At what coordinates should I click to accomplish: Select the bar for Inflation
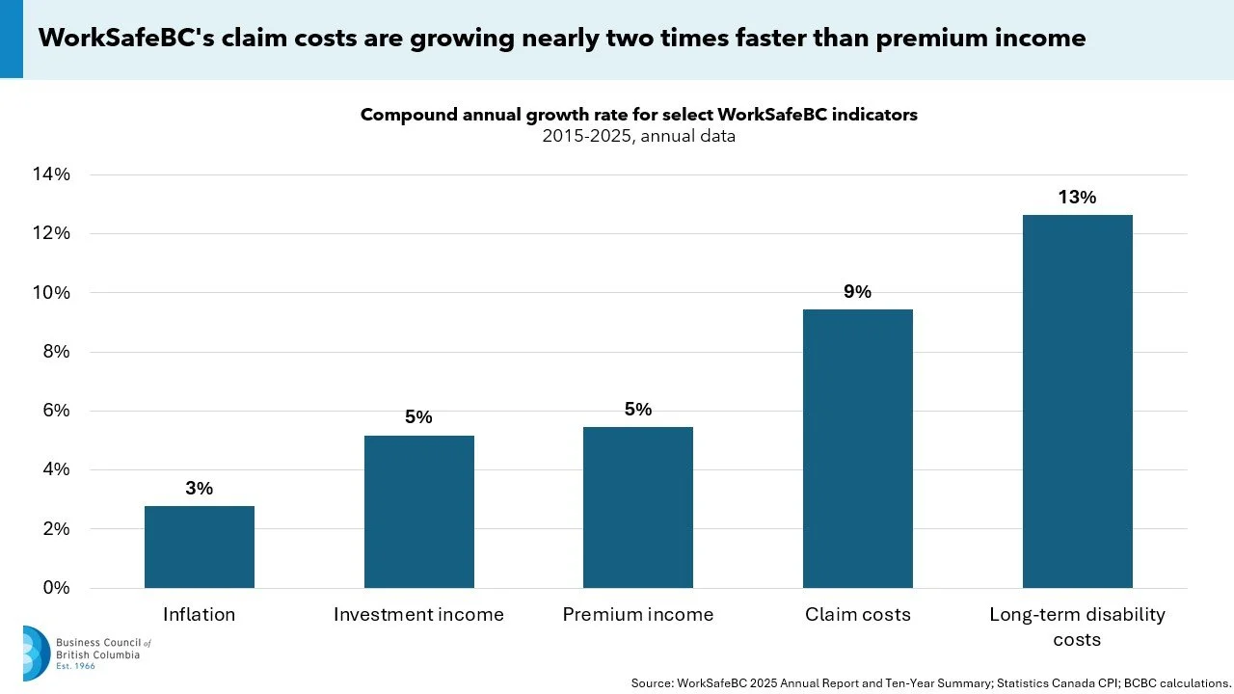point(200,547)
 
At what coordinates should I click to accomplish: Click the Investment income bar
point(419,512)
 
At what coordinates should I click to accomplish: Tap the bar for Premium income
point(638,507)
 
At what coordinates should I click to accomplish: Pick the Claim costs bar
point(858,448)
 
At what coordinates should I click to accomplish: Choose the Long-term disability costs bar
point(1078,401)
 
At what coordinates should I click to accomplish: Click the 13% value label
point(1077,198)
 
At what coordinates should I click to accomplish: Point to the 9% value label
point(858,291)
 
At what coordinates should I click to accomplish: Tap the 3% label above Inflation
point(199,488)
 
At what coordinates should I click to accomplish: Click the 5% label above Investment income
point(418,417)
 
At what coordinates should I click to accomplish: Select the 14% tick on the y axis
point(51,174)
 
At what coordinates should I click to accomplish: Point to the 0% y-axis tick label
point(57,588)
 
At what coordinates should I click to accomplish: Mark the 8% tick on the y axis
point(57,352)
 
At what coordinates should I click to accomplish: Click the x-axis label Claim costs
point(858,614)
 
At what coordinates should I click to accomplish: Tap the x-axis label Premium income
point(638,614)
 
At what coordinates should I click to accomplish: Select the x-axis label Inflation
point(199,614)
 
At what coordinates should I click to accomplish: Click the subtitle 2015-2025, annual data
point(638,136)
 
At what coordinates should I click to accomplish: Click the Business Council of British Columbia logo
point(87,654)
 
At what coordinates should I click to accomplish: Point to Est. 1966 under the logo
point(75,666)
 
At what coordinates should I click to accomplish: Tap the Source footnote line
point(930,683)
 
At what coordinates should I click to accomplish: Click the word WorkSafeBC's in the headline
point(126,38)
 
